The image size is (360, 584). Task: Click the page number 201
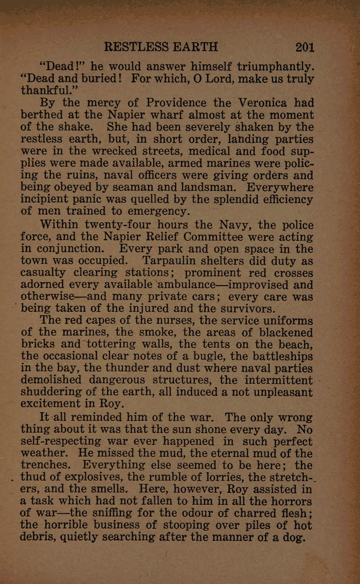click(304, 47)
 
